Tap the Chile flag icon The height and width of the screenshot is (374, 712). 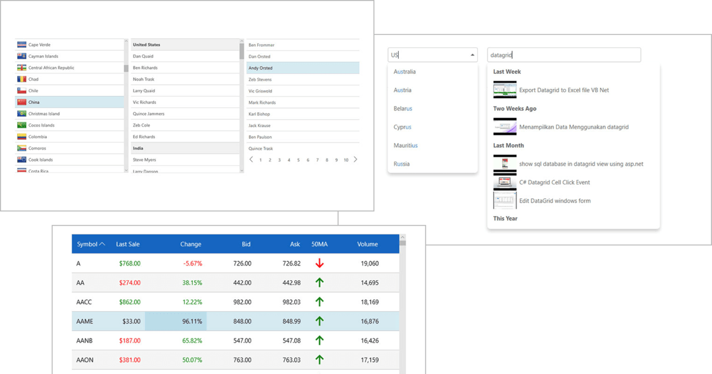coord(22,91)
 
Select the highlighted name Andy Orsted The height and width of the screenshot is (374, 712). coord(260,68)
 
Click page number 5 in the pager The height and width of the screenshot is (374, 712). coord(298,160)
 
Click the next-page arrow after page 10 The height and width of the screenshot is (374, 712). coord(355,160)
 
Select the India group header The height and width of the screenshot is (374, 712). coord(138,148)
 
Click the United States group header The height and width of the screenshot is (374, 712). coord(147,45)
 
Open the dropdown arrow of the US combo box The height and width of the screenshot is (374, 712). coord(472,55)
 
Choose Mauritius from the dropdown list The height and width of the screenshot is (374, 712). coord(405,145)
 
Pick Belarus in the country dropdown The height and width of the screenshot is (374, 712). coord(403,109)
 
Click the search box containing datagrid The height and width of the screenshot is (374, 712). coord(564,55)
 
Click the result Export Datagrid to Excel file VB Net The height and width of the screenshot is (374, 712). coord(564,90)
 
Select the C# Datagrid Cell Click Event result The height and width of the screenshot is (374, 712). coord(554,182)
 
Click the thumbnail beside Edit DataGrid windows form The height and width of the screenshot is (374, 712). coord(504,201)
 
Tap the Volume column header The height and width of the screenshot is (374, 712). coord(367,244)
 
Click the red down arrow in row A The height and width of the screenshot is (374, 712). coord(319,263)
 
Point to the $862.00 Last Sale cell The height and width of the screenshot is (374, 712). coord(129,302)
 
